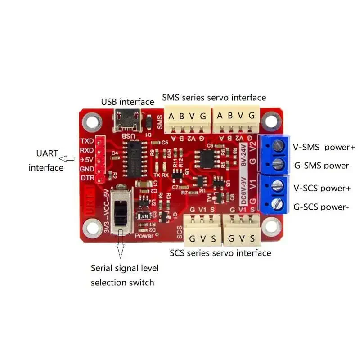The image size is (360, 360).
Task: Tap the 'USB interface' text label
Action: point(127,102)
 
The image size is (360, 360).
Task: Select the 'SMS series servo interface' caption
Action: point(214,98)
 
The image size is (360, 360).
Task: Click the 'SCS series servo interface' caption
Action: point(220,253)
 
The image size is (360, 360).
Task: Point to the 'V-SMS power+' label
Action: point(324,147)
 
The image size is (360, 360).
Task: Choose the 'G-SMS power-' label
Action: point(323,166)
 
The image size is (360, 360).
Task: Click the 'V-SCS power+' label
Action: point(322,188)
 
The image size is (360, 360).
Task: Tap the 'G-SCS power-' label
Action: point(321,207)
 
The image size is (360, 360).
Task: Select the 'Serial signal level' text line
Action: point(125,268)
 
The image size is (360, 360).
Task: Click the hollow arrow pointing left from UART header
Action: point(68,158)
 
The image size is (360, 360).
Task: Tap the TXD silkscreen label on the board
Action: point(86,140)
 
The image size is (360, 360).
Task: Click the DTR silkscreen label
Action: point(87,178)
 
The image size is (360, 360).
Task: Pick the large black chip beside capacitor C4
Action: point(133,158)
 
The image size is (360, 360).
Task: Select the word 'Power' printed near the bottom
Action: point(144,235)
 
